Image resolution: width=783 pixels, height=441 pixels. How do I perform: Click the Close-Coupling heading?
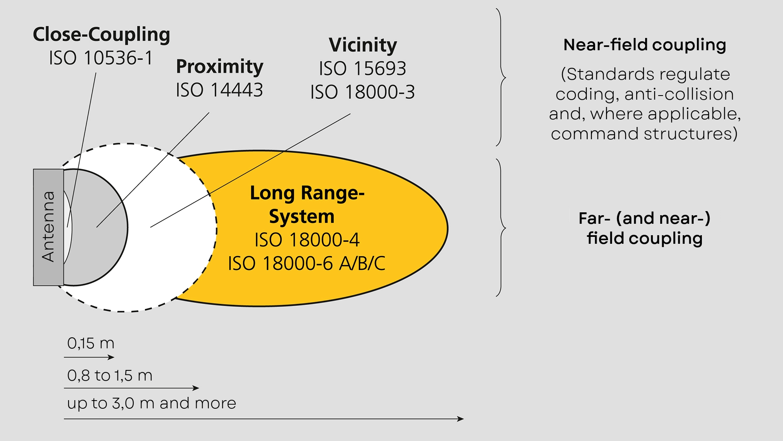pyautogui.click(x=101, y=34)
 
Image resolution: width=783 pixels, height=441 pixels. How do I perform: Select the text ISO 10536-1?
pyautogui.click(x=101, y=58)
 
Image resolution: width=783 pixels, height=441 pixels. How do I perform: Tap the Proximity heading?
pyautogui.click(x=219, y=67)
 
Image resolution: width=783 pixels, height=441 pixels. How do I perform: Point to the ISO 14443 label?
pyautogui.click(x=219, y=90)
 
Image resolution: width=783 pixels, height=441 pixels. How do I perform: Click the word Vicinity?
pyautogui.click(x=363, y=45)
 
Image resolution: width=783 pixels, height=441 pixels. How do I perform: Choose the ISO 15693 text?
pyautogui.click(x=363, y=69)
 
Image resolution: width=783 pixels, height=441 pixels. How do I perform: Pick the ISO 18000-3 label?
pyautogui.click(x=363, y=92)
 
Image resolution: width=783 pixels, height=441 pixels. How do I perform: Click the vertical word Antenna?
pyautogui.click(x=48, y=227)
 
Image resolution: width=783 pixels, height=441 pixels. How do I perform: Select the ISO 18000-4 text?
pyautogui.click(x=307, y=240)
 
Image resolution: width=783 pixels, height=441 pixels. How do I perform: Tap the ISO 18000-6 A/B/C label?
pyautogui.click(x=307, y=263)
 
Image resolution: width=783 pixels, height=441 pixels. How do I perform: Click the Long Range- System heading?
pyautogui.click(x=307, y=205)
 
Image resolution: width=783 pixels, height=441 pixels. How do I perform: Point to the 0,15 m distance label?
pyautogui.click(x=91, y=343)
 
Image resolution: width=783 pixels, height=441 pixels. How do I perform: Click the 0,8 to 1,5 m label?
pyautogui.click(x=110, y=376)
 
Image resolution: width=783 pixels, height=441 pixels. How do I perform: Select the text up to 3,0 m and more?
pyautogui.click(x=151, y=403)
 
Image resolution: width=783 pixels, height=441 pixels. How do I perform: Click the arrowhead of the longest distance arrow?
pyautogui.click(x=461, y=419)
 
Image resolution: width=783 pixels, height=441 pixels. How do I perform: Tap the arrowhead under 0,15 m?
pyautogui.click(x=111, y=357)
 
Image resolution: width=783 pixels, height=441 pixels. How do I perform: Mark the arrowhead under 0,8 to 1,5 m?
pyautogui.click(x=196, y=388)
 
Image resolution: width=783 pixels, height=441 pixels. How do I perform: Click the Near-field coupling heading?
pyautogui.click(x=644, y=45)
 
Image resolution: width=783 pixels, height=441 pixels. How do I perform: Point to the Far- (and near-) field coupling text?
pyautogui.click(x=644, y=228)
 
